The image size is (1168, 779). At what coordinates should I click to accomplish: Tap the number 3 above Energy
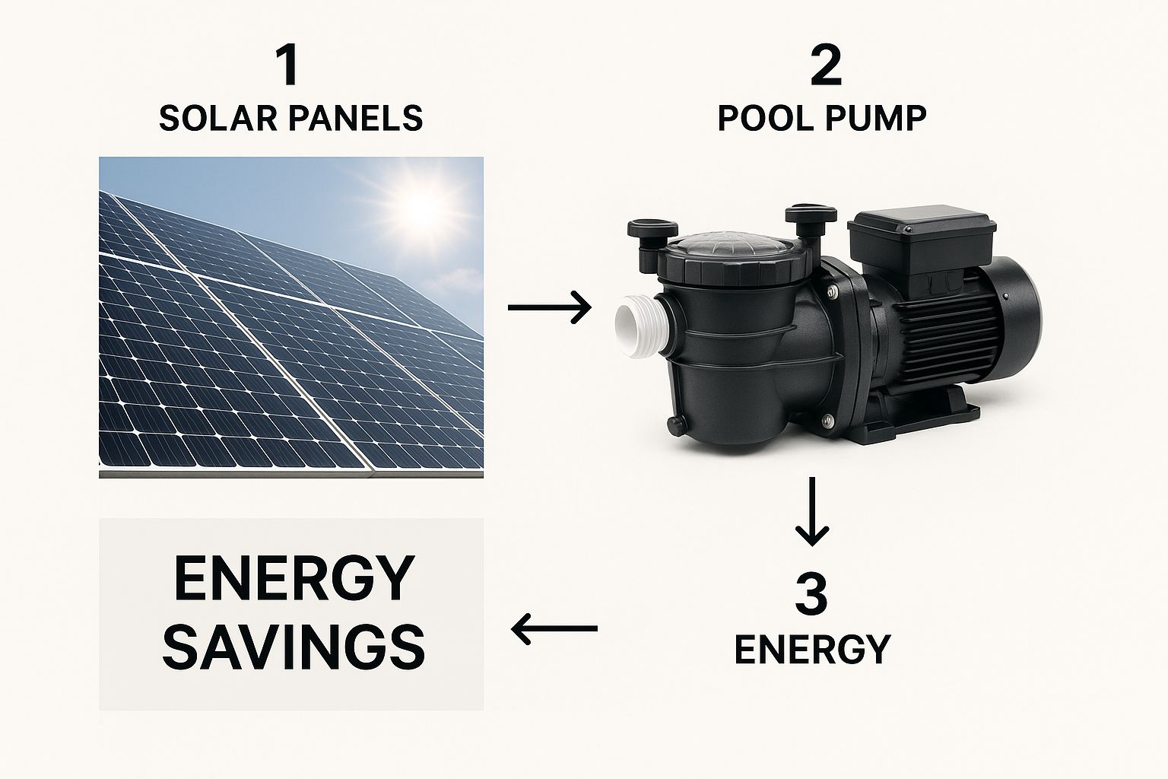(x=811, y=594)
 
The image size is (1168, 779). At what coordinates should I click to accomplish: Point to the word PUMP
(x=874, y=118)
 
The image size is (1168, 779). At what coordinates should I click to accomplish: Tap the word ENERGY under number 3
(x=812, y=649)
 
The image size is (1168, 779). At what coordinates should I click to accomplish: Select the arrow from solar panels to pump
(x=550, y=307)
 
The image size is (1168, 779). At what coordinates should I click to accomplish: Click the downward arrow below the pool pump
(x=811, y=511)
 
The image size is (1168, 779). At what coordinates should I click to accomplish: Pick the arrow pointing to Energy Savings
(x=554, y=628)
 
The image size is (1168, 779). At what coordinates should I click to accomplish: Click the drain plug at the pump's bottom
(x=677, y=424)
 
